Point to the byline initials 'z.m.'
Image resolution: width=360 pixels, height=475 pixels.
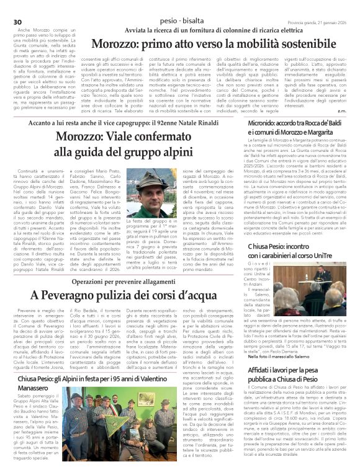click(x=342, y=111)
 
